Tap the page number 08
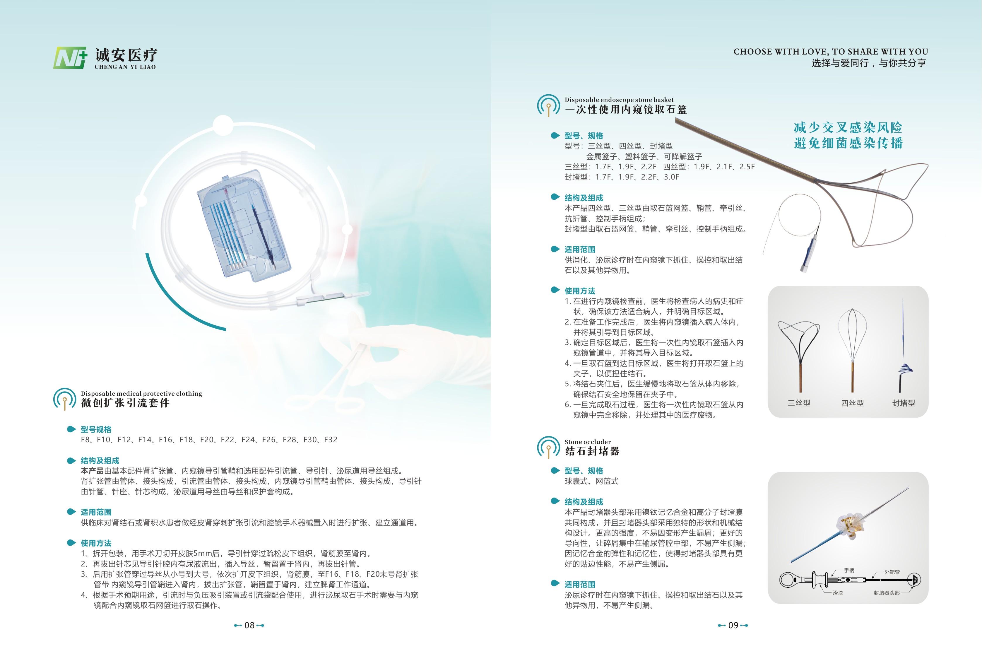249,625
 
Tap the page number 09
733,625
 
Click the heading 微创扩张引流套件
126,403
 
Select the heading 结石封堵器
592,451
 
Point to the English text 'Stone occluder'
588,442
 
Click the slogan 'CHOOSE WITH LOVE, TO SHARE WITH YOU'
831,52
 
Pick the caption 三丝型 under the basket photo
799,403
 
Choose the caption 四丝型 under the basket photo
852,403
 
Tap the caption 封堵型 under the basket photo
904,403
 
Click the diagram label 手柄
849,570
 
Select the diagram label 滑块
838,593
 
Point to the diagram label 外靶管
892,572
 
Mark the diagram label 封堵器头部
887,593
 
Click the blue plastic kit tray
244,225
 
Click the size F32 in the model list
331,440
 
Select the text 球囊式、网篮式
591,481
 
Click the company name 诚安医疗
126,55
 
